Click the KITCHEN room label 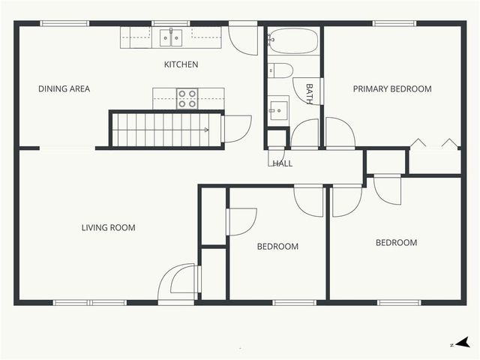[x=181, y=64]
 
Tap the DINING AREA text [x=64, y=89]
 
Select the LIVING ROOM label [x=108, y=227]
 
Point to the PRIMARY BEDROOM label [x=392, y=89]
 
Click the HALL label [x=283, y=163]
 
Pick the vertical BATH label [x=309, y=92]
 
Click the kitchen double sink [x=171, y=37]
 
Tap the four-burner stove [x=187, y=98]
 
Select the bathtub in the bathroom [x=293, y=41]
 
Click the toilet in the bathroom [x=280, y=71]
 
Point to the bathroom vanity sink [x=278, y=109]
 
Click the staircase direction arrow [x=204, y=130]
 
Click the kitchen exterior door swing [x=244, y=39]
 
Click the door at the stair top [x=235, y=128]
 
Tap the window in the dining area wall [x=64, y=23]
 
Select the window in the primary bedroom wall [x=395, y=23]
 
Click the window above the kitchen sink [x=171, y=23]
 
